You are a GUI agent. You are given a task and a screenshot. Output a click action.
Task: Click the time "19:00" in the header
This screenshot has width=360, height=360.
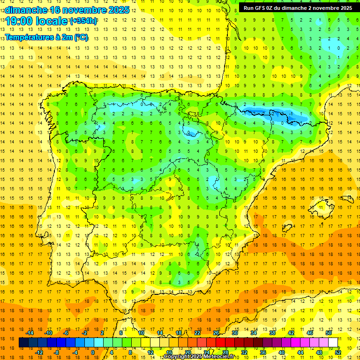pos(19,21)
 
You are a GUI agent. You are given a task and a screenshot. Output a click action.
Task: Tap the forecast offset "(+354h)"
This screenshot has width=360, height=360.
pos(83,21)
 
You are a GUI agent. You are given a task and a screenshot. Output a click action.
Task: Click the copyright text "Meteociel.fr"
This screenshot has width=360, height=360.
pos(218,357)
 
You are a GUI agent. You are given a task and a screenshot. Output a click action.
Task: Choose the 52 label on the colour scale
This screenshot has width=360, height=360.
pos(338,352)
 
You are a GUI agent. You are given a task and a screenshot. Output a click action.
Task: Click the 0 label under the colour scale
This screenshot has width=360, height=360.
pos(92,352)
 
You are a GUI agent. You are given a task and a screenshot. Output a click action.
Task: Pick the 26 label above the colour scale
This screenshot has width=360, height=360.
pos(216,333)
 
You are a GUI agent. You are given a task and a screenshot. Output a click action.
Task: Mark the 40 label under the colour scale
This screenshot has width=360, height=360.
pos(281,352)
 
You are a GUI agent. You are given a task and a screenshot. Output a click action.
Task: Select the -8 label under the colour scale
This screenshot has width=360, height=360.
pos(56,352)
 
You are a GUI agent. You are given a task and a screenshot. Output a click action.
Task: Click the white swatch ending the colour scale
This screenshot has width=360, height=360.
pos(333,343)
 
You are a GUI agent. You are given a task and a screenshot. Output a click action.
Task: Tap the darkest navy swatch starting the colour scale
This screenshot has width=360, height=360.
pos(23,343)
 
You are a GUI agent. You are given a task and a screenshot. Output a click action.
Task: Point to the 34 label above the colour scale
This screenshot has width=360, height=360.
pos(254,333)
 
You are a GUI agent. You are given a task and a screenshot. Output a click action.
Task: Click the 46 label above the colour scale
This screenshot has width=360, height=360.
pos(310,333)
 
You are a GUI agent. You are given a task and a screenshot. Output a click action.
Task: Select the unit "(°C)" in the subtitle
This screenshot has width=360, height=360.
pos(81,37)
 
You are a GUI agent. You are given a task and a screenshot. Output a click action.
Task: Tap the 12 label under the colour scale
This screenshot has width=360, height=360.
pos(150,352)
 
